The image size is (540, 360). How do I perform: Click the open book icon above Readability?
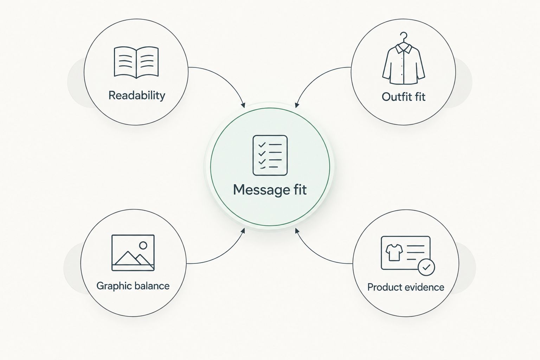pos(136,62)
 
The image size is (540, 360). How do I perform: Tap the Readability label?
pos(137,96)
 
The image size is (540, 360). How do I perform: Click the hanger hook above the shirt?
pos(404,37)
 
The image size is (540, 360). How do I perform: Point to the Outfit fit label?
pos(404,97)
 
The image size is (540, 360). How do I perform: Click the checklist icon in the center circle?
pos(270,155)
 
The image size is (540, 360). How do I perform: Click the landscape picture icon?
pos(133,253)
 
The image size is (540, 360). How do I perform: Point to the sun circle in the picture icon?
pos(143,245)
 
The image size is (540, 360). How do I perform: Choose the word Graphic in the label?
pos(114,286)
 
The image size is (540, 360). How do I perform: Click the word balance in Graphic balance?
pos(152,286)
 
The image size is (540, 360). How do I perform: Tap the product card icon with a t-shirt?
pos(408,255)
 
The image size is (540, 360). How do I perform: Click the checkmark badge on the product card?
pos(426,267)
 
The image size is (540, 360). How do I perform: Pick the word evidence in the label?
pos(425,287)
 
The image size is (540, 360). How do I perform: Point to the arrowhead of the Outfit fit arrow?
pos(297,105)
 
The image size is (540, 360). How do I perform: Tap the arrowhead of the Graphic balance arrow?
pos(243,231)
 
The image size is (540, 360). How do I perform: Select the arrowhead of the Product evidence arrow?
pos(297,231)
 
